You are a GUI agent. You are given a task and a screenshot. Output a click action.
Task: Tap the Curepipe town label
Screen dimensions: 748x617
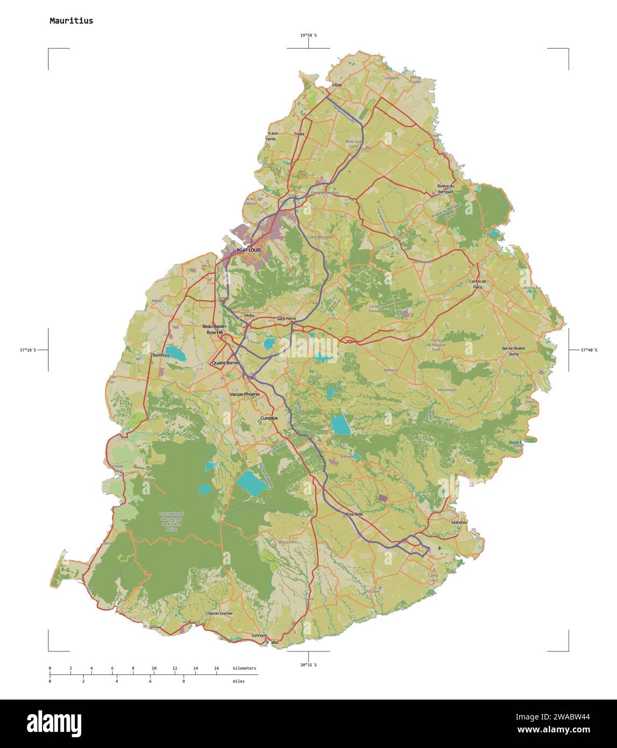pyautogui.click(x=269, y=418)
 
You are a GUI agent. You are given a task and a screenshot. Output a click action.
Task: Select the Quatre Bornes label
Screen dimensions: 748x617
pyautogui.click(x=226, y=363)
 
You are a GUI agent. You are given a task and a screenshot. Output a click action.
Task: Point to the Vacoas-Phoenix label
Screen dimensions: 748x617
pyautogui.click(x=245, y=394)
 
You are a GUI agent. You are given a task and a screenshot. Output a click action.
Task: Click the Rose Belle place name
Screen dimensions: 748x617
pyautogui.click(x=354, y=514)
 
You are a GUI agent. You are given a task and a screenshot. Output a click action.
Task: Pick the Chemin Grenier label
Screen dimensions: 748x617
pyautogui.click(x=219, y=613)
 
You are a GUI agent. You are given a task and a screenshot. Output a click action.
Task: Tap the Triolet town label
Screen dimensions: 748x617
pyautogui.click(x=299, y=134)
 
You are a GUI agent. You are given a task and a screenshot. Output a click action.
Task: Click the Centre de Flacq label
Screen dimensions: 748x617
pyautogui.click(x=478, y=284)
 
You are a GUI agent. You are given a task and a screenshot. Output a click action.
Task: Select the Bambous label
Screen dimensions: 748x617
pyautogui.click(x=161, y=355)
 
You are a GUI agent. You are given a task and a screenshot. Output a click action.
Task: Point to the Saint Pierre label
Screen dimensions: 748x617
pyautogui.click(x=286, y=319)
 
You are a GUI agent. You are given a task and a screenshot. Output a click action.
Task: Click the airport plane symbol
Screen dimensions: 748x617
pyautogui.click(x=439, y=548)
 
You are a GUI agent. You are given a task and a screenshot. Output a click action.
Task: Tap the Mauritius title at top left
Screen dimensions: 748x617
pyautogui.click(x=71, y=21)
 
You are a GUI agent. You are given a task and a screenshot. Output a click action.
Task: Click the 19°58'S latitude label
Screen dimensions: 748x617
pyautogui.click(x=308, y=36)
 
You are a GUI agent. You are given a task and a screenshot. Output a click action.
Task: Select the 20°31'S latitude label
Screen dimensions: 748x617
pyautogui.click(x=308, y=665)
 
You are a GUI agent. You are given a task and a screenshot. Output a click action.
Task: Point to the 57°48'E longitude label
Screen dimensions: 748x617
pyautogui.click(x=588, y=350)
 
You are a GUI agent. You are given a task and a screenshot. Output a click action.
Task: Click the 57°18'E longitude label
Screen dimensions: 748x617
pyautogui.click(x=28, y=350)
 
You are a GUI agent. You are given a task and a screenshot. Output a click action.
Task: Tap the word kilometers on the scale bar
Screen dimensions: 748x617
pyautogui.click(x=244, y=668)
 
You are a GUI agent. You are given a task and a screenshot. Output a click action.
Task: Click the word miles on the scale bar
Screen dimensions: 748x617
pyautogui.click(x=238, y=681)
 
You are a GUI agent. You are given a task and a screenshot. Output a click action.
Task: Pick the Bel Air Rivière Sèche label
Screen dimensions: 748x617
pyautogui.click(x=513, y=351)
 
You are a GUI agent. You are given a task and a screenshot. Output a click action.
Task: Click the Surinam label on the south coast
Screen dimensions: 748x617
pyautogui.click(x=259, y=636)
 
